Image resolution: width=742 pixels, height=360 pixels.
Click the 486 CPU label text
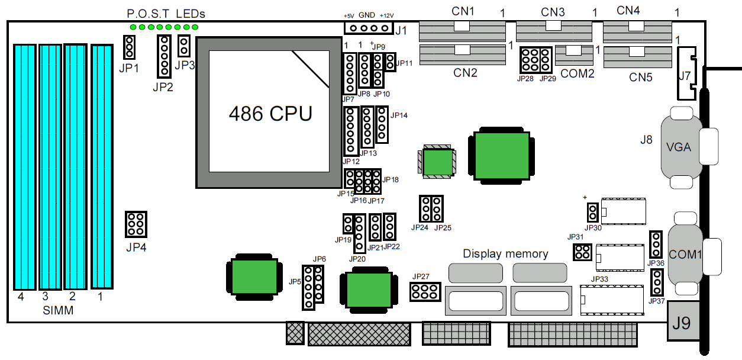pyautogui.click(x=270, y=113)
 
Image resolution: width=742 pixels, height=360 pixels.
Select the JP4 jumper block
pyautogui.click(x=136, y=224)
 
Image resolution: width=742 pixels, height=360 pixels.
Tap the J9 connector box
pyautogui.click(x=682, y=323)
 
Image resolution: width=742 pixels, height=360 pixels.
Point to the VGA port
pyautogui.click(x=678, y=147)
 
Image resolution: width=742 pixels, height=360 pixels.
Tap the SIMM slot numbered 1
pyautogui.click(x=101, y=166)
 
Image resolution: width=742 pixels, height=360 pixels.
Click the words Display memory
pyautogui.click(x=505, y=254)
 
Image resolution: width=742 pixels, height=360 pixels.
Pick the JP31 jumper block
pyautogui.click(x=582, y=252)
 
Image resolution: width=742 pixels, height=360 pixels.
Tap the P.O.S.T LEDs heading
pyautogui.click(x=166, y=14)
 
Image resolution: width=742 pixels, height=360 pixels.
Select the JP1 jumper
pyautogui.click(x=130, y=47)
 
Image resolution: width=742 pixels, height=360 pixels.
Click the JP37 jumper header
pyautogui.click(x=656, y=283)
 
